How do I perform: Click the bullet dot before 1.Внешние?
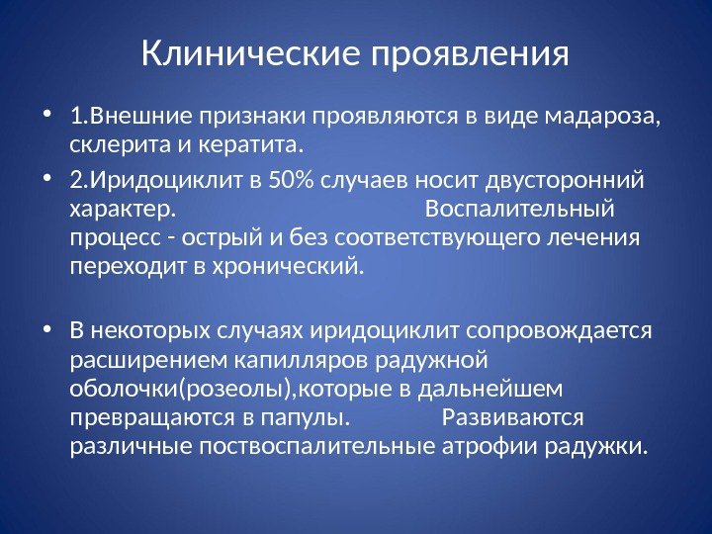coord(50,120)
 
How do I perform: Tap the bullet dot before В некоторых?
coord(50,330)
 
